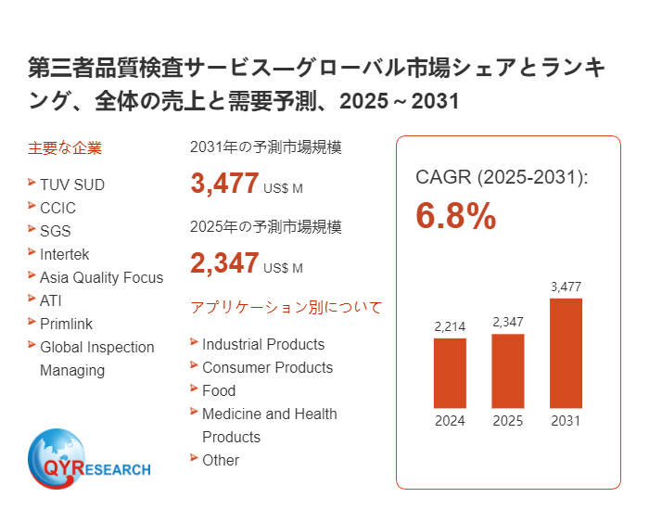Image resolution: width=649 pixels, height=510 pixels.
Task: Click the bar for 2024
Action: point(450,373)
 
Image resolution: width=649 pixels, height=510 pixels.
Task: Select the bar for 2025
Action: point(507,371)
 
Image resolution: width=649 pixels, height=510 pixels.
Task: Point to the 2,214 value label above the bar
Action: point(450,326)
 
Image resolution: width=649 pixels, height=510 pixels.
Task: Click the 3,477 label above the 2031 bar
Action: point(566,287)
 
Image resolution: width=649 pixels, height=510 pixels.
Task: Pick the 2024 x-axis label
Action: point(450,421)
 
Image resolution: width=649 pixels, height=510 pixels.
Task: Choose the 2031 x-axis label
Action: point(566,421)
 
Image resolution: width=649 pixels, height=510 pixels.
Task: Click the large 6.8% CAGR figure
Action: point(455,216)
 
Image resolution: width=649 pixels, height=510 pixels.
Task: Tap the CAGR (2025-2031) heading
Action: point(502,177)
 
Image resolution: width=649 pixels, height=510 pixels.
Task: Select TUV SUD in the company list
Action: point(72,185)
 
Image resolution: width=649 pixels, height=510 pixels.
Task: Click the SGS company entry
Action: point(56,231)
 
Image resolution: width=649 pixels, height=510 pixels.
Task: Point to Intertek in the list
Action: point(65,254)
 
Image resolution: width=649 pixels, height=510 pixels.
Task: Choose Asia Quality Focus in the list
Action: point(101,277)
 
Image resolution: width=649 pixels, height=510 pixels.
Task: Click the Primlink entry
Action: point(66,324)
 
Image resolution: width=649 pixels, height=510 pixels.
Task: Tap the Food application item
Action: point(219,390)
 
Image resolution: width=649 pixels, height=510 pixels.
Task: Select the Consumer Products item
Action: point(267,367)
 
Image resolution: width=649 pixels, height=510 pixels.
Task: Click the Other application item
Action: point(221,460)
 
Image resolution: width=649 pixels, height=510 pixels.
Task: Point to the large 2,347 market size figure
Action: point(224,263)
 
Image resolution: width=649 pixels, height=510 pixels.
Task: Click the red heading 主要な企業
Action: point(65,147)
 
